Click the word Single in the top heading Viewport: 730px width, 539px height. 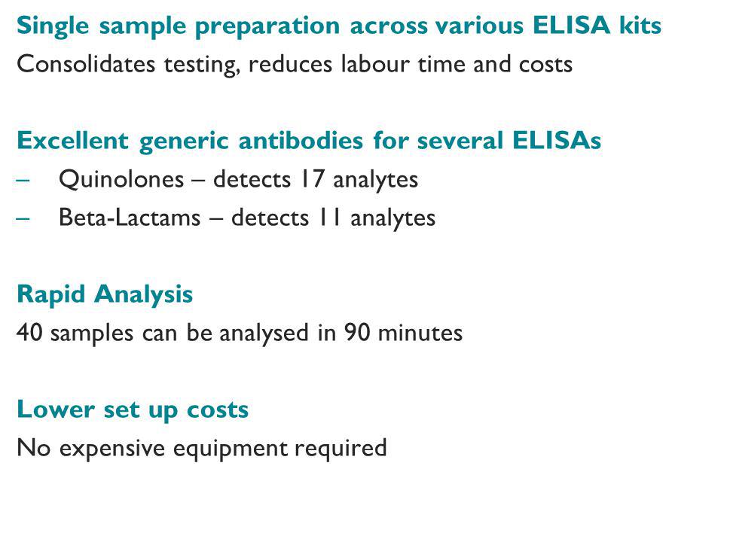point(53,26)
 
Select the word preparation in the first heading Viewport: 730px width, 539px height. point(267,26)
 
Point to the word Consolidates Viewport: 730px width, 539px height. point(86,64)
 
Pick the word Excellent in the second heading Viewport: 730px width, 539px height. point(72,140)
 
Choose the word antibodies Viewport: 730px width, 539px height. point(301,140)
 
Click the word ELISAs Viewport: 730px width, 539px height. point(557,140)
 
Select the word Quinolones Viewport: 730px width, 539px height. point(121,179)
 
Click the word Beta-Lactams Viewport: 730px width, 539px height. point(130,218)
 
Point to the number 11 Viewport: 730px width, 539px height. point(330,218)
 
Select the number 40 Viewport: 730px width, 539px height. point(29,333)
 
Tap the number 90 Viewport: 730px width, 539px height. point(357,333)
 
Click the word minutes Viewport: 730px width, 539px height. point(420,333)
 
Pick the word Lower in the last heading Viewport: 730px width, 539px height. point(56,410)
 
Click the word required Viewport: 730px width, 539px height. point(341,449)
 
